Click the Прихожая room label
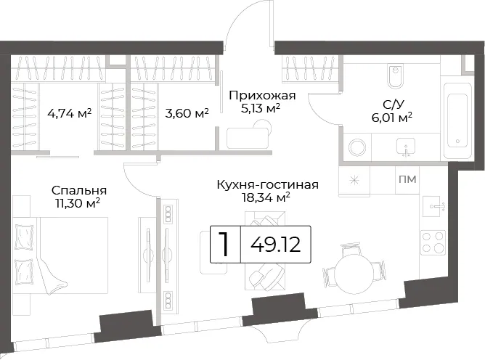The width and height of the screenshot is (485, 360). click(x=262, y=96)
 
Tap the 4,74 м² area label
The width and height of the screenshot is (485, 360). click(x=70, y=113)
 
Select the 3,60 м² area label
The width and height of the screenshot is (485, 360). click(x=187, y=113)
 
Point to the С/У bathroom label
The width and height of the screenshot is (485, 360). click(x=393, y=105)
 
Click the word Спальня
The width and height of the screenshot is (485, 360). click(x=79, y=190)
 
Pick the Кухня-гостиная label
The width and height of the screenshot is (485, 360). click(x=268, y=184)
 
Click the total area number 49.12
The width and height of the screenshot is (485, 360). click(x=276, y=245)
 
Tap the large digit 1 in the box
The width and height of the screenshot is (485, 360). click(x=224, y=245)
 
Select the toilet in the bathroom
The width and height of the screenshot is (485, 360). click(x=395, y=76)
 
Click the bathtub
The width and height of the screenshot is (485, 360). click(x=457, y=121)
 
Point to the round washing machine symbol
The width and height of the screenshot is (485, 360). click(x=357, y=147)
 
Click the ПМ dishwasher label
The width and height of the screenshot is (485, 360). click(x=407, y=179)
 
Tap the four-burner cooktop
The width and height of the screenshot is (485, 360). click(x=433, y=242)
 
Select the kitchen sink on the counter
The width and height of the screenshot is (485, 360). click(x=433, y=206)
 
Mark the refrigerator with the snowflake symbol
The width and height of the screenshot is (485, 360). click(x=354, y=180)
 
